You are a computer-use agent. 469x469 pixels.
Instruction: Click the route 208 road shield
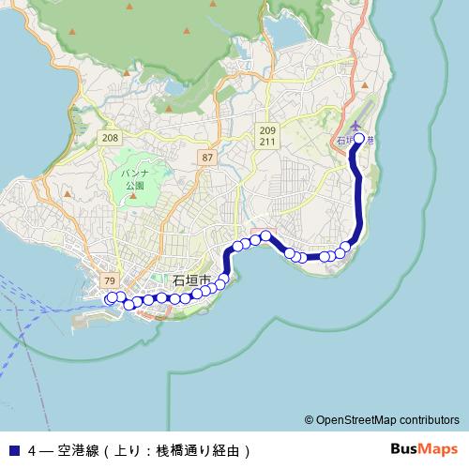112,137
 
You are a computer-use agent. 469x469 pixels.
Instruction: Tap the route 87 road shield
207,158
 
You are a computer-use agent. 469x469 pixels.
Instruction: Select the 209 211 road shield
268,136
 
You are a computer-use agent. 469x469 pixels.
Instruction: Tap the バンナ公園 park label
135,180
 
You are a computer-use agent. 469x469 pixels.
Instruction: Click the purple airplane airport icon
356,126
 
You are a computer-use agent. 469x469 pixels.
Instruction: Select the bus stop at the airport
358,139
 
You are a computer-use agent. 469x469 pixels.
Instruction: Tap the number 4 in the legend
33,449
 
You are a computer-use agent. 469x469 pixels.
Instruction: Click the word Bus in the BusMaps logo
404,448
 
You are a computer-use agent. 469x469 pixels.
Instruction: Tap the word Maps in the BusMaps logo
438,448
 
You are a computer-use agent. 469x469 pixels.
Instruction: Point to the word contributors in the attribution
428,420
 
